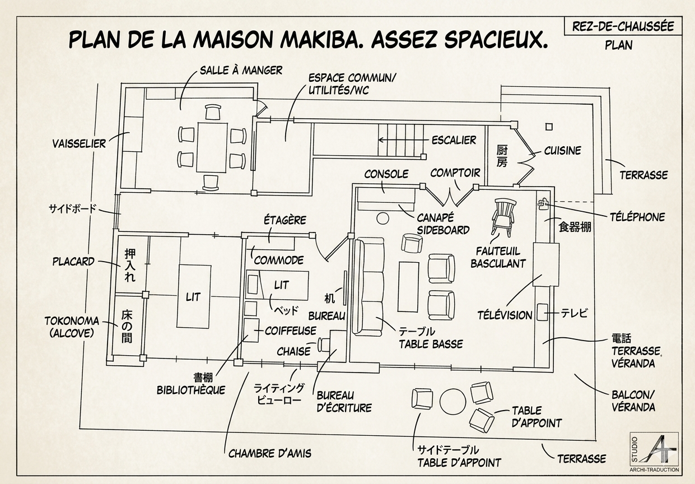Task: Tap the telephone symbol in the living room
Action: click(543, 204)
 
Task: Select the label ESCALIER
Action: click(454, 140)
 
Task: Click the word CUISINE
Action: click(562, 151)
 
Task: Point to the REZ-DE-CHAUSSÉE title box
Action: click(623, 26)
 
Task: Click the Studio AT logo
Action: click(654, 452)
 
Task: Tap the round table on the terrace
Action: click(453, 402)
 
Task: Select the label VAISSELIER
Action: click(79, 143)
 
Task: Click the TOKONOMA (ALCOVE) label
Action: click(72, 327)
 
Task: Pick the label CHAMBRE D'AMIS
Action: click(269, 454)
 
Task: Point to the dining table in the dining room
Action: click(212, 147)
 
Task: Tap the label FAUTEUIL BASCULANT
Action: click(498, 257)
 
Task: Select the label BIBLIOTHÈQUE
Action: click(191, 390)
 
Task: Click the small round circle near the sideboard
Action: click(383, 218)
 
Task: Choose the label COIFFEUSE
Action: click(291, 331)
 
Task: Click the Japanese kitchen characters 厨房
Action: click(502, 156)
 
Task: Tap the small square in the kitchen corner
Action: click(549, 127)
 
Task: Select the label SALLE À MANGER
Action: click(241, 71)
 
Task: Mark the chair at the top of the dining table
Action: click(213, 111)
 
